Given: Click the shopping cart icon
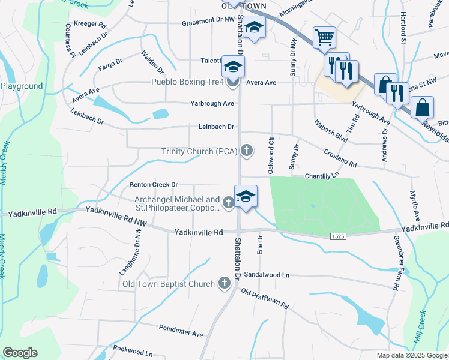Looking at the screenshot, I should (324, 38).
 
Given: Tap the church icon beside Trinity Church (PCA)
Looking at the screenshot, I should (246, 149).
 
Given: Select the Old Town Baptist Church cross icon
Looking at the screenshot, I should (224, 283).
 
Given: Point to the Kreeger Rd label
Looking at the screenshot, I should (89, 26).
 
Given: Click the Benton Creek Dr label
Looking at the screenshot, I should (154, 185).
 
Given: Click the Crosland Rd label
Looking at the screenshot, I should (340, 158).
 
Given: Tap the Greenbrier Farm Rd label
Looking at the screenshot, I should (397, 271).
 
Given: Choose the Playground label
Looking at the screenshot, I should (22, 86).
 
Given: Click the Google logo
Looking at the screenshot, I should (20, 353).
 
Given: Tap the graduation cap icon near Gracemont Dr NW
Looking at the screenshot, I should (254, 28).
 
